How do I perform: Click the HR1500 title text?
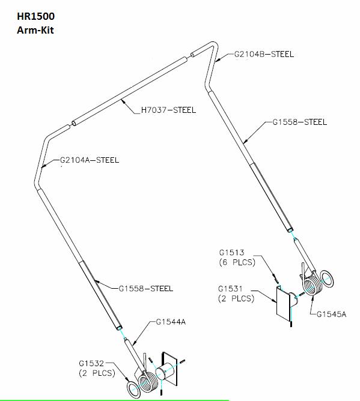(35, 16)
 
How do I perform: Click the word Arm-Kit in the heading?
(35, 30)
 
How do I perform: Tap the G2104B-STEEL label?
(264, 54)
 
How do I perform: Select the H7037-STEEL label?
(168, 110)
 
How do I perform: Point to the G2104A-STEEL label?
(90, 160)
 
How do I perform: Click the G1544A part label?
(171, 322)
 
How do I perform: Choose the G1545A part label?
(331, 314)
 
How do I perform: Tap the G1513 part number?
(232, 252)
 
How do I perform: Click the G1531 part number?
(230, 289)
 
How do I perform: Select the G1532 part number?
(91, 363)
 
